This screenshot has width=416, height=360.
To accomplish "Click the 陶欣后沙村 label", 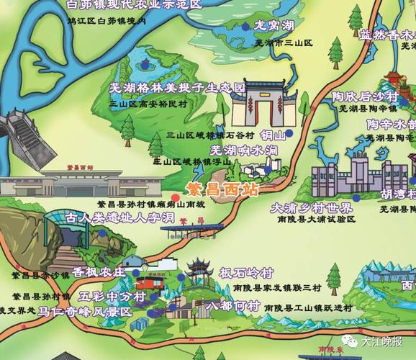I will click(365, 96).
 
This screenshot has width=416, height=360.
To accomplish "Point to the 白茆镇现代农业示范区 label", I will click(133, 4).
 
